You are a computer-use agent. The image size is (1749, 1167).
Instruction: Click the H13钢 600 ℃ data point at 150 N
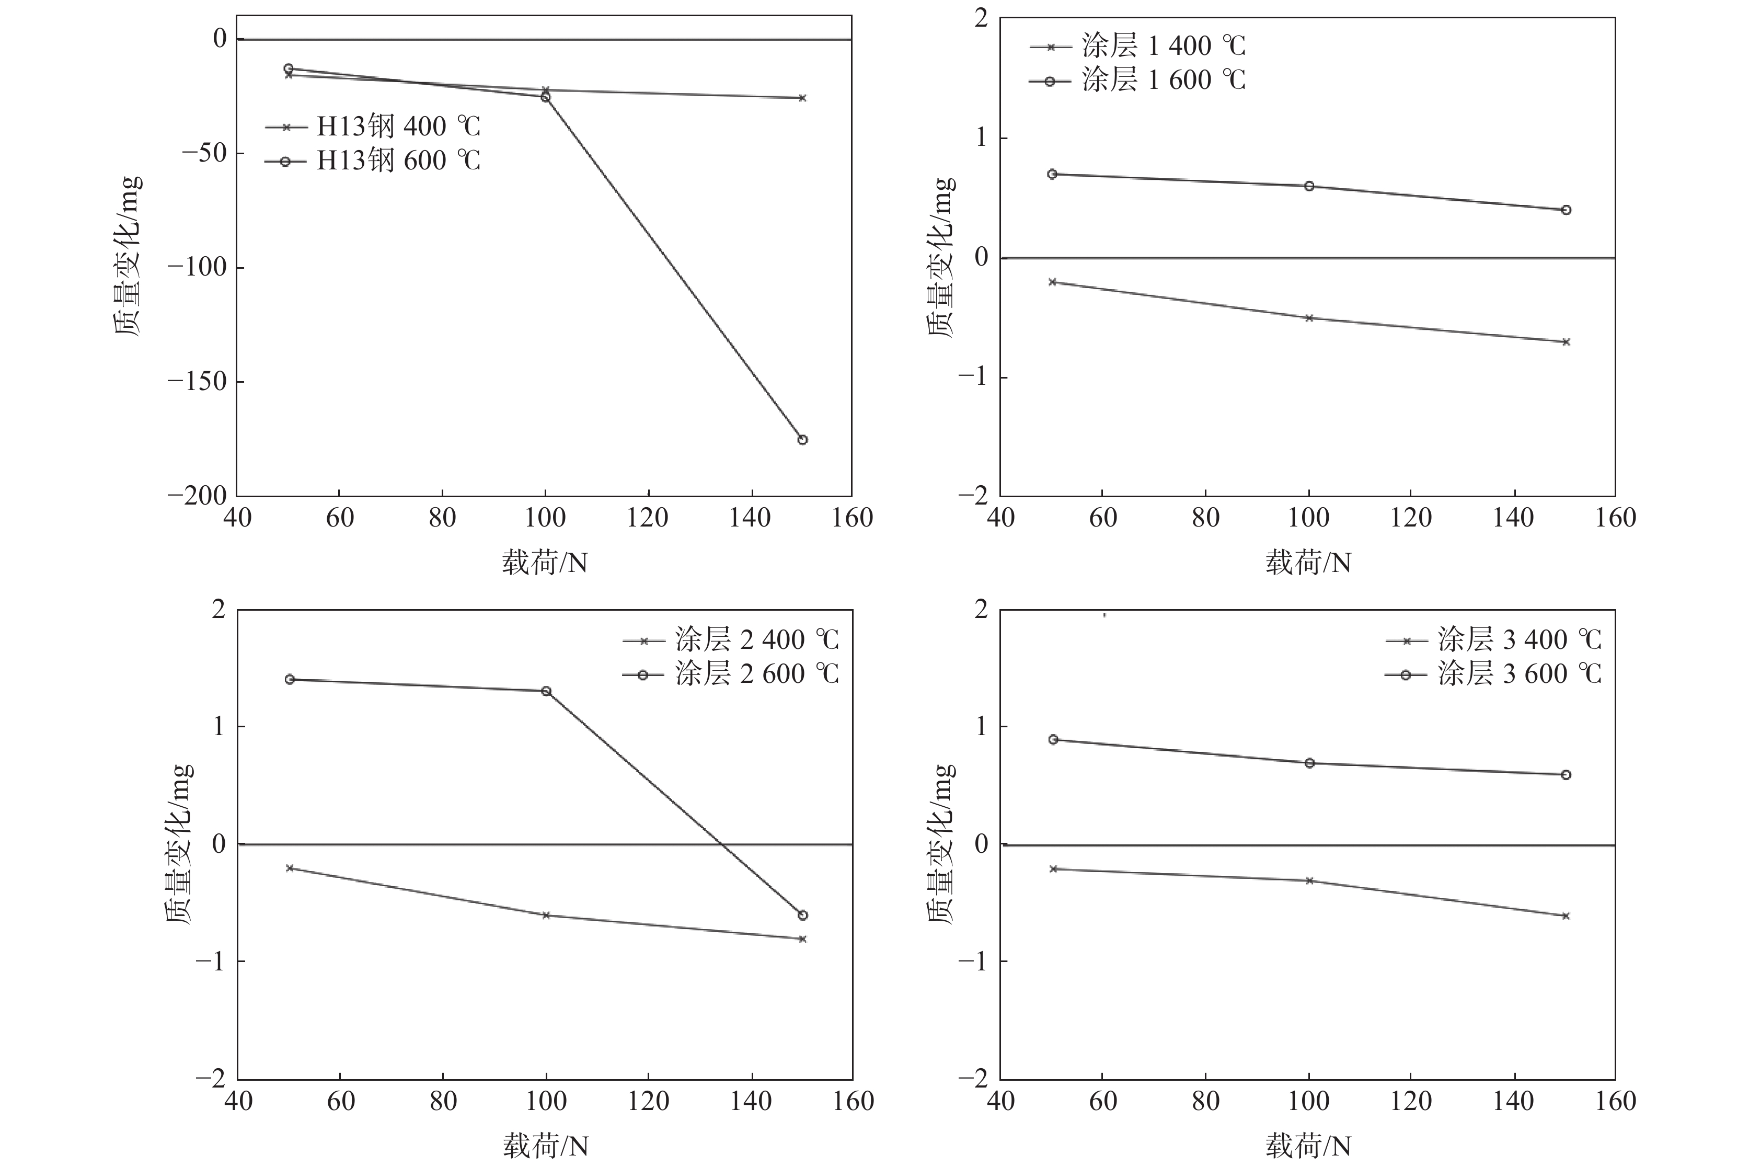pyautogui.click(x=802, y=440)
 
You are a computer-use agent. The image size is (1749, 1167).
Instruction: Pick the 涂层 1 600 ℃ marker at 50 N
pyautogui.click(x=1052, y=174)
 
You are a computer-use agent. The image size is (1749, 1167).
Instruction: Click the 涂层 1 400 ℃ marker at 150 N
pyautogui.click(x=1565, y=341)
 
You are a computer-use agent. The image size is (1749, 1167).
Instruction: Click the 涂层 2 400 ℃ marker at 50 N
pyautogui.click(x=290, y=868)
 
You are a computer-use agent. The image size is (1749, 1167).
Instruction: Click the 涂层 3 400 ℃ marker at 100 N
pyautogui.click(x=1309, y=880)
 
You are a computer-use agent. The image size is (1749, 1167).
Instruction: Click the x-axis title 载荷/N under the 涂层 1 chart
pyautogui.click(x=1308, y=564)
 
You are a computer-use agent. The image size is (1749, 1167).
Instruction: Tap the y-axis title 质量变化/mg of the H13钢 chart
pyautogui.click(x=128, y=257)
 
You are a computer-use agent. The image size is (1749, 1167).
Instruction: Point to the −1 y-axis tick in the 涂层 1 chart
pyautogui.click(x=972, y=377)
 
